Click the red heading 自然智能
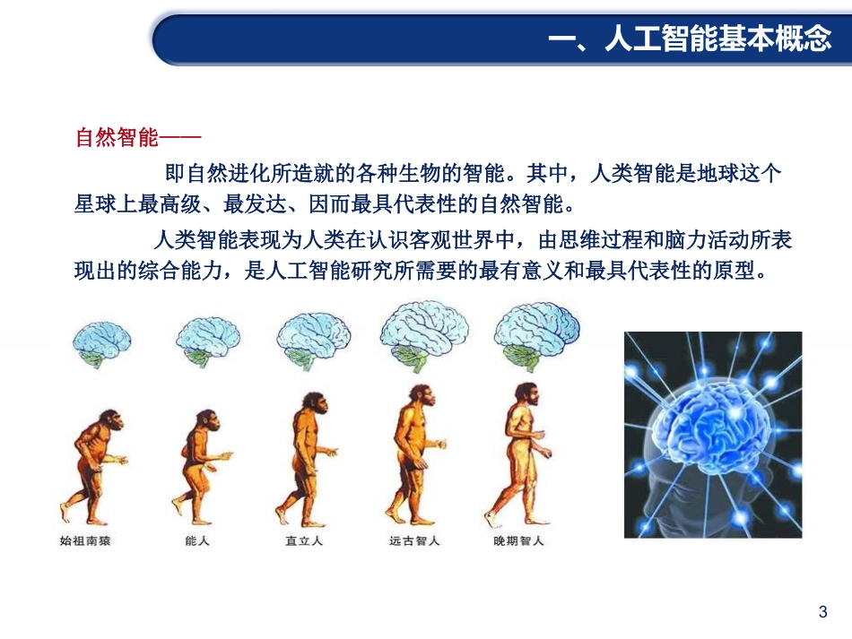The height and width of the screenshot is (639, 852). click(x=116, y=138)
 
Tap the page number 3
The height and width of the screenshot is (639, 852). click(x=822, y=613)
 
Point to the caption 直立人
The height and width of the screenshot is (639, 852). click(x=304, y=541)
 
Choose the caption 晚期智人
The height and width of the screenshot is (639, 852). click(x=518, y=541)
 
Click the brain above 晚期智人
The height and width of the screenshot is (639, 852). click(x=536, y=331)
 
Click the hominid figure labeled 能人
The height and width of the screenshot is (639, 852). click(x=198, y=466)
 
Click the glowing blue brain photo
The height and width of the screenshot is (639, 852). click(x=713, y=435)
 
